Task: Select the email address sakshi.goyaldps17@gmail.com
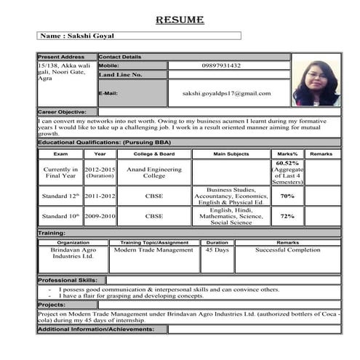227,93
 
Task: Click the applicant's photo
316,83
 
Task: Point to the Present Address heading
61,57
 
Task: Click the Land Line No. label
121,75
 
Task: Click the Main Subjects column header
231,154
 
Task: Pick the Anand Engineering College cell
154,172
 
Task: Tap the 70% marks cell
287,196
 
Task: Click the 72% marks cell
287,216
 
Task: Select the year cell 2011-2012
100,196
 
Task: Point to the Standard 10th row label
59,216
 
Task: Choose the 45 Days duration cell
217,249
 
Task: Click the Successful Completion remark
287,249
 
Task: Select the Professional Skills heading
71,279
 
